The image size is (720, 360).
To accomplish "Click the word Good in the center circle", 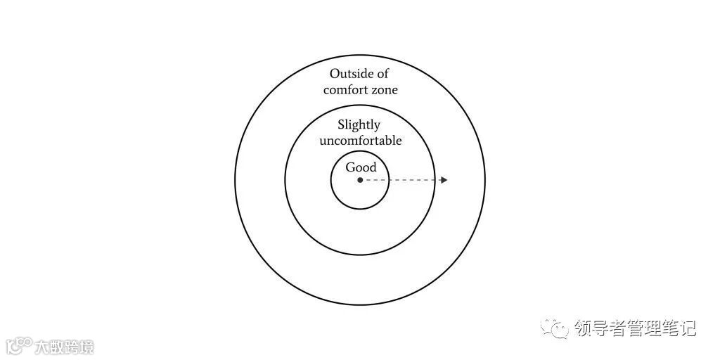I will coord(361,167).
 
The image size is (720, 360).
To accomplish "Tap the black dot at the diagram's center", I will coord(360,180).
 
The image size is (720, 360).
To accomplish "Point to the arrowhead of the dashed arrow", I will coord(443,180).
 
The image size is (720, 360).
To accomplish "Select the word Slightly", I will coord(359,125).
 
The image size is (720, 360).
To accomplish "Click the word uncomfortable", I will coord(360,141).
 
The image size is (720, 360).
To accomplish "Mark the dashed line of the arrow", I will coord(401,180).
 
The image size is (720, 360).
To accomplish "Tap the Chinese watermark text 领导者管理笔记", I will coord(634,328).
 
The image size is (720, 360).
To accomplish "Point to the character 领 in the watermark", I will coord(583,328).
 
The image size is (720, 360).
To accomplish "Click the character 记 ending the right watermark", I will coord(687,328).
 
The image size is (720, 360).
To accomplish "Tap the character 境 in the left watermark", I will coord(86,347).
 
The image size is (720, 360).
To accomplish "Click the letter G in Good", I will coord(350,167).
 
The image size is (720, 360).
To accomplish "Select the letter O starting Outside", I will coord(335,74).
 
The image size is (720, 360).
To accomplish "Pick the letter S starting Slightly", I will coord(341,125).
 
